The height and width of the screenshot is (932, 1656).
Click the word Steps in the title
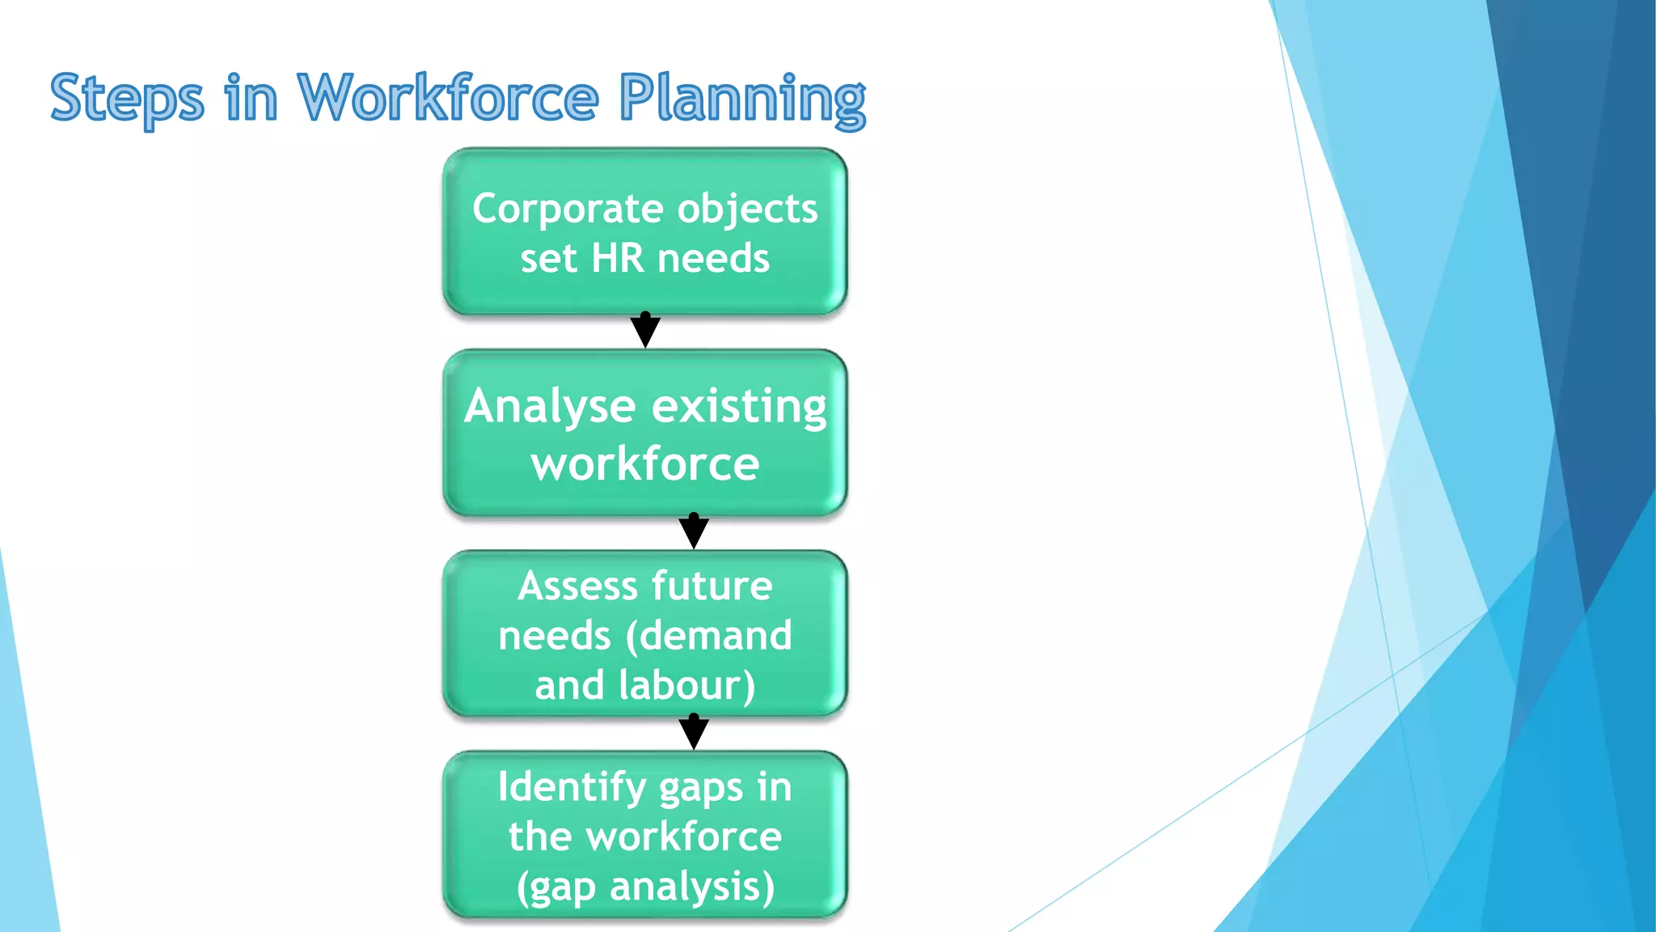coord(127,99)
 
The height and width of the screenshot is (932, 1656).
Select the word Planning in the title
coord(742,99)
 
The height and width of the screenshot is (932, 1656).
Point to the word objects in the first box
coord(748,210)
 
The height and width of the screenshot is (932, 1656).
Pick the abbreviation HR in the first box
coord(618,259)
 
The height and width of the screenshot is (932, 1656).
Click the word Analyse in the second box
coord(550,407)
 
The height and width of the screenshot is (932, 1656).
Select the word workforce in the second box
coord(645,464)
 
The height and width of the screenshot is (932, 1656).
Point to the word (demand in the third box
coord(709,636)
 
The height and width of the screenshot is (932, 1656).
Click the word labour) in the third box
coord(687,685)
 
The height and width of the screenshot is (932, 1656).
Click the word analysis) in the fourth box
coord(692,888)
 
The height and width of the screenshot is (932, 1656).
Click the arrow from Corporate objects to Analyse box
coord(645,330)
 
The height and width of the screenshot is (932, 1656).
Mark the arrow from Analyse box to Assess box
coord(694,531)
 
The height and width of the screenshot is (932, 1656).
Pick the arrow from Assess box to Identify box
coord(694,731)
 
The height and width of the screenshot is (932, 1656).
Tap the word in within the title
coord(251,99)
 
